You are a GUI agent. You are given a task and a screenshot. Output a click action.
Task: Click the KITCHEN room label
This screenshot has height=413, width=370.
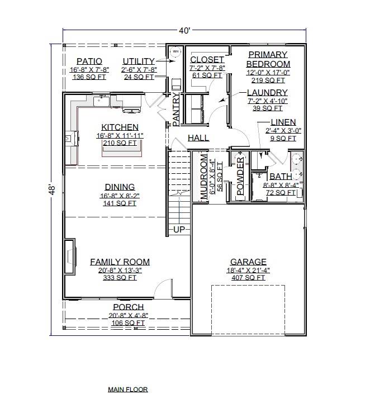click(120, 127)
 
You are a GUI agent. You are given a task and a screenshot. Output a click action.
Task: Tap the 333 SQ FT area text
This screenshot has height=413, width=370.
click(120, 277)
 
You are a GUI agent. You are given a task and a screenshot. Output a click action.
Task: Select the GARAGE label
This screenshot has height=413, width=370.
click(249, 262)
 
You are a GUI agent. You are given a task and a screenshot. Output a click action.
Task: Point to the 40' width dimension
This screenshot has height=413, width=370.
click(184, 31)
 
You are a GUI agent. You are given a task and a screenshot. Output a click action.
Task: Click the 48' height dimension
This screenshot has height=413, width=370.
click(51, 190)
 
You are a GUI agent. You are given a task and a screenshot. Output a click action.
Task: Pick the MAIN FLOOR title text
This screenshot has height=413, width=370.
click(128, 389)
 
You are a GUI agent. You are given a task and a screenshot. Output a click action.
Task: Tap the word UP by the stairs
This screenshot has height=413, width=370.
click(179, 230)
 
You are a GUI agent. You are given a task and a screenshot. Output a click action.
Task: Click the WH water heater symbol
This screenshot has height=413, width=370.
click(175, 52)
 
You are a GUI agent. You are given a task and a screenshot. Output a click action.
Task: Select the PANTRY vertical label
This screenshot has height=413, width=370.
click(175, 110)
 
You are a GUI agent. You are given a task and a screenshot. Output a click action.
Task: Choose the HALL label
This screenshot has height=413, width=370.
click(198, 138)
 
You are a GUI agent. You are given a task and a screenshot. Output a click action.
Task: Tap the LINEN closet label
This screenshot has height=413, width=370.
click(283, 122)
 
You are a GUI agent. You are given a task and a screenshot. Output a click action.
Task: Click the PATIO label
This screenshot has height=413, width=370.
click(89, 61)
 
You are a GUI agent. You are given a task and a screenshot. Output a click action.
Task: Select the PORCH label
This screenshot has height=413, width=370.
click(128, 307)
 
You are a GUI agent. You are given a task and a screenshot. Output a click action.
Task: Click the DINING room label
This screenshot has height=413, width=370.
click(120, 187)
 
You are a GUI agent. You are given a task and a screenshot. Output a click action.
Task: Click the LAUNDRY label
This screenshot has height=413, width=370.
click(267, 93)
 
